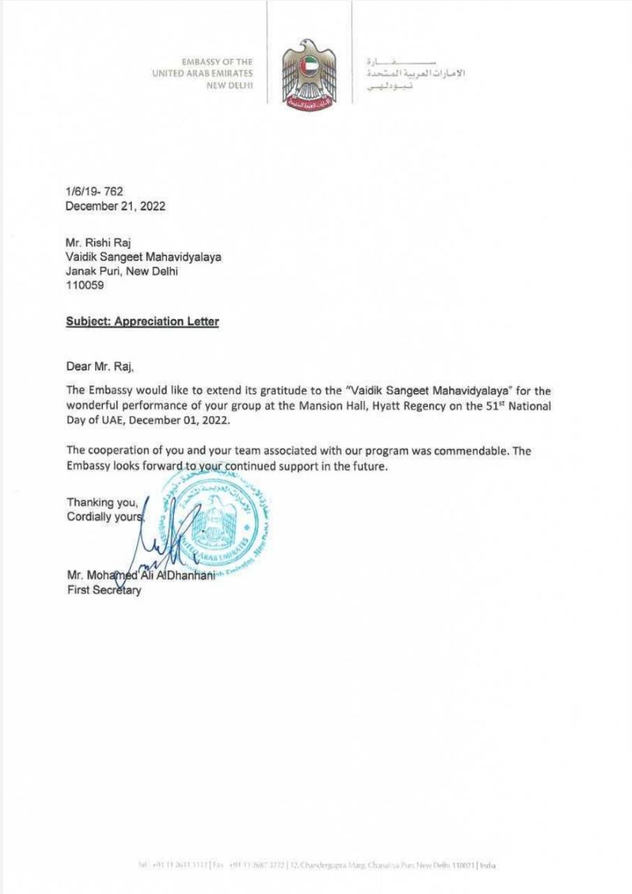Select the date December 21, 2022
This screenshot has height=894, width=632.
click(115, 206)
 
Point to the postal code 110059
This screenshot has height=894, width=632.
click(84, 286)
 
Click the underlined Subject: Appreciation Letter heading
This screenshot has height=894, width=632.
click(142, 322)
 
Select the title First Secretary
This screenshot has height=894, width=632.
click(103, 590)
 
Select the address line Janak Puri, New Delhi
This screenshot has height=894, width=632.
click(122, 272)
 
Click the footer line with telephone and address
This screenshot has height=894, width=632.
click(316, 865)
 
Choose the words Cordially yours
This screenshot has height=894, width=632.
click(105, 517)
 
